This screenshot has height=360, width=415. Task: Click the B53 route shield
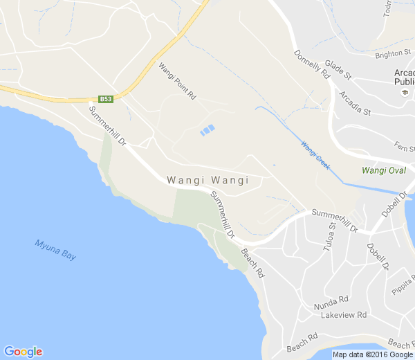106,99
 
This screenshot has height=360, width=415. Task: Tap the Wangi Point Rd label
177,82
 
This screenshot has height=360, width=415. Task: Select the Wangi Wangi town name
207,180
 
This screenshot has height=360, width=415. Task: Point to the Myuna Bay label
55,250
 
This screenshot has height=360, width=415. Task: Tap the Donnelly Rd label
311,65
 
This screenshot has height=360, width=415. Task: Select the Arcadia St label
354,102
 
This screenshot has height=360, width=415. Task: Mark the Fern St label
404,146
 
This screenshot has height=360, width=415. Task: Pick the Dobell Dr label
378,256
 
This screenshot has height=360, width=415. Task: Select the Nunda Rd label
331,303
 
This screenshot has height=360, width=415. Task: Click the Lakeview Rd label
343,316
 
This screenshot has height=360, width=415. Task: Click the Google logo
23,352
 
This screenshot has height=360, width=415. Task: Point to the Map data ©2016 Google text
371,354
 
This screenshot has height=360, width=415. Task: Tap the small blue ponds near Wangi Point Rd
207,130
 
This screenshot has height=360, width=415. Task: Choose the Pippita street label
402,280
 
